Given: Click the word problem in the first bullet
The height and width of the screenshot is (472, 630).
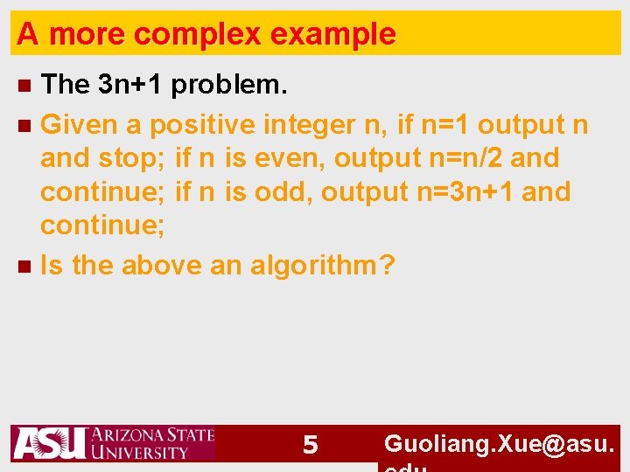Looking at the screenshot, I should tap(228, 85).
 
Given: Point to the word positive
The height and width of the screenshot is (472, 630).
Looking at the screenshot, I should tap(202, 125).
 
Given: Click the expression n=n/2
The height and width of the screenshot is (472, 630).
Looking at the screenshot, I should tap(461, 158).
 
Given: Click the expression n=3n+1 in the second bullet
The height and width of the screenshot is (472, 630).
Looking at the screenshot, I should tap(464, 191).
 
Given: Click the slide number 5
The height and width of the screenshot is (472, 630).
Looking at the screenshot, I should tap(310, 446).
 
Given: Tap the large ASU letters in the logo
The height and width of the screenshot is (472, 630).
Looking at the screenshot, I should tap(49, 443).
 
